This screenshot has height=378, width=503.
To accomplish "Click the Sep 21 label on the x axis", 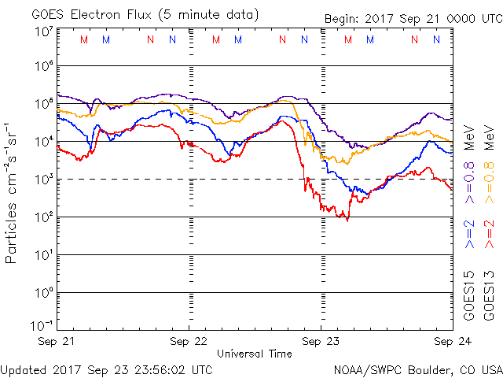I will pyautogui.click(x=57, y=343).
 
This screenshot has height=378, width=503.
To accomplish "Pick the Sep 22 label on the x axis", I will pyautogui.click(x=189, y=343).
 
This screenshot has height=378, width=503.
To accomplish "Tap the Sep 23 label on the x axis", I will pyautogui.click(x=321, y=343).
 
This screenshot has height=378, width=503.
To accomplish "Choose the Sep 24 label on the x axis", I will pyautogui.click(x=452, y=343).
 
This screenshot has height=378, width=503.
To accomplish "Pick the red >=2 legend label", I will pyautogui.click(x=488, y=235).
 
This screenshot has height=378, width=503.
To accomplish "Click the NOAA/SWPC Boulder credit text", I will pyautogui.click(x=417, y=369).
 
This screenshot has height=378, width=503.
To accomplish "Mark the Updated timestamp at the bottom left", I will pyautogui.click(x=106, y=369).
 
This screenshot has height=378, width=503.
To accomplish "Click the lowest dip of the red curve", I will pyautogui.click(x=347, y=220).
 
